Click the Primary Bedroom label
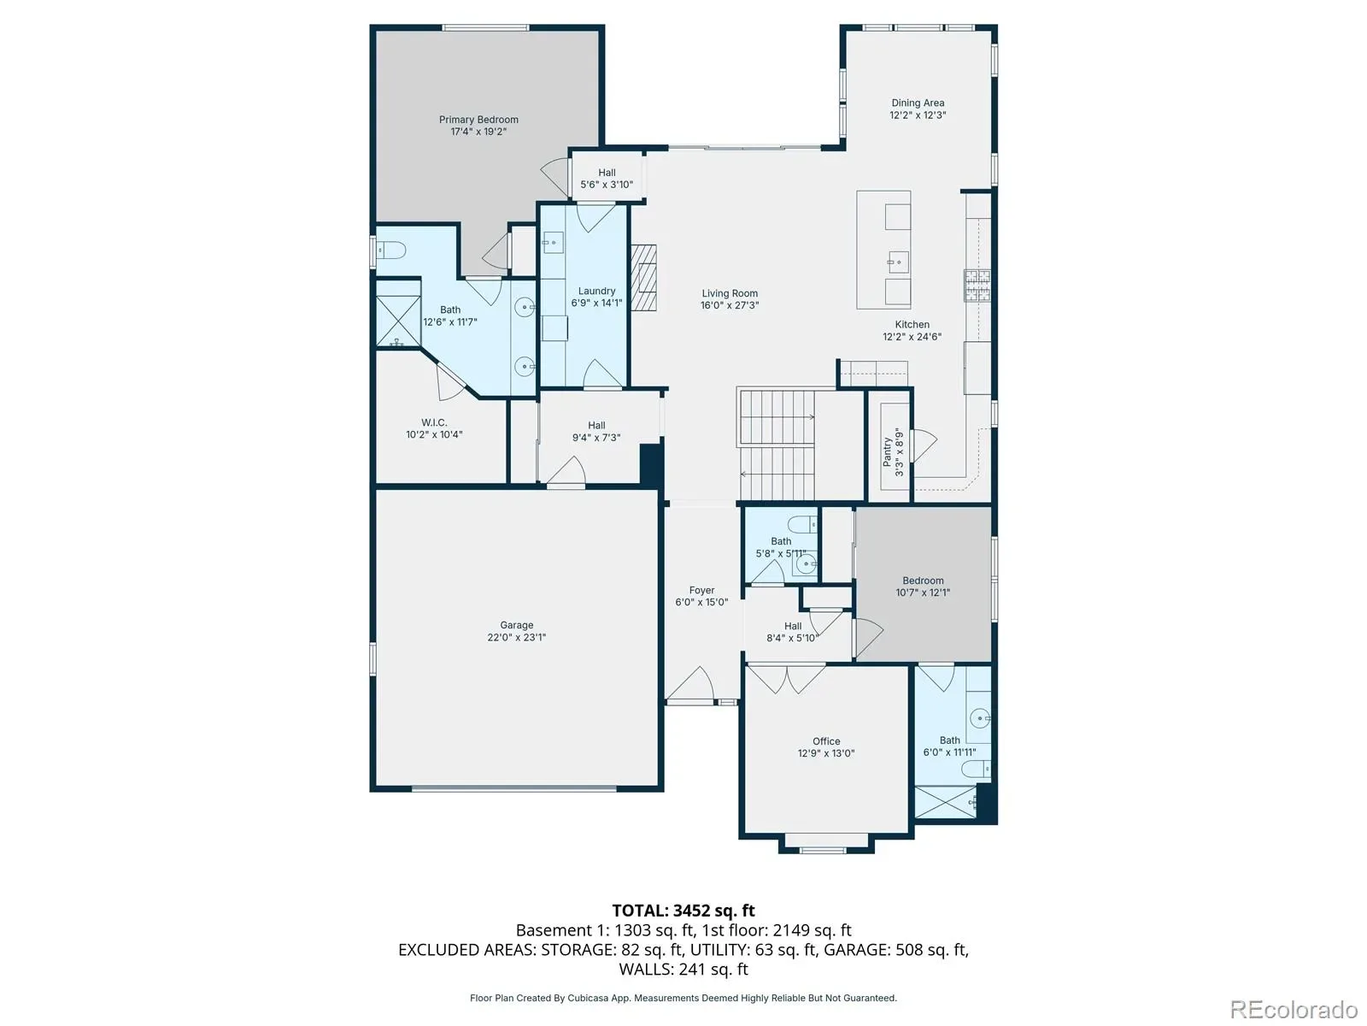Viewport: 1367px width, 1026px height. tap(478, 120)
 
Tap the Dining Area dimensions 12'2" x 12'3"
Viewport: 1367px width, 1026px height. tap(918, 115)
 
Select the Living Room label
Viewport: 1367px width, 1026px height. tap(730, 293)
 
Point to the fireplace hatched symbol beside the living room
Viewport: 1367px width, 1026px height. tap(644, 277)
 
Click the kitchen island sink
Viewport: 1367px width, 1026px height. tap(898, 262)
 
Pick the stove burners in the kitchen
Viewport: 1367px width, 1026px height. tap(977, 286)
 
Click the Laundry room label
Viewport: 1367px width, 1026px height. tap(596, 291)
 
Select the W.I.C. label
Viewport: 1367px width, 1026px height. tap(434, 423)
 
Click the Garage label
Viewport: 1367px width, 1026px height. tap(516, 625)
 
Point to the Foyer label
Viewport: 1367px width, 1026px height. tap(702, 590)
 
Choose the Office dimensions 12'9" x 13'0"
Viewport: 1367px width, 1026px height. tap(826, 753)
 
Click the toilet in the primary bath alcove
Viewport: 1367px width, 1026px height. tap(391, 251)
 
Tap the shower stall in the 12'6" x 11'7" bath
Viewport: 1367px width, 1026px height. tap(398, 320)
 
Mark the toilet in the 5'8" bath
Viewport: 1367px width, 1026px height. tap(802, 524)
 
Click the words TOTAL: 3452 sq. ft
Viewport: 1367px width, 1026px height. tap(683, 911)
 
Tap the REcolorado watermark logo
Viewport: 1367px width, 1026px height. tap(1294, 1009)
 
